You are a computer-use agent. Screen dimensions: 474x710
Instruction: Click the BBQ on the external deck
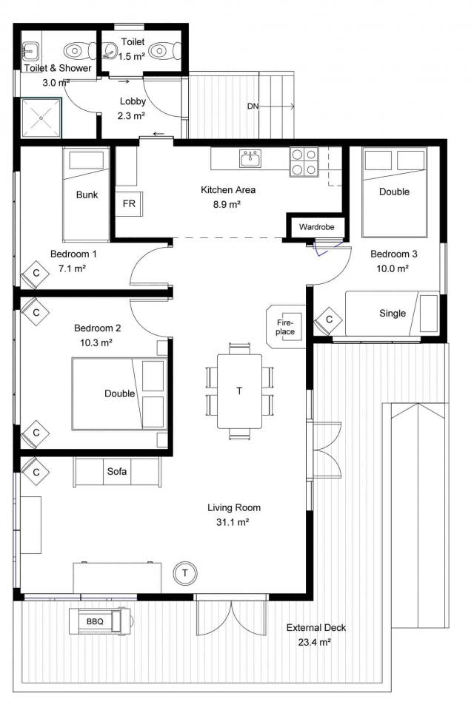(100, 621)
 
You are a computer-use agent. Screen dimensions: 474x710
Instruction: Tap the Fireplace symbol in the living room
(285, 326)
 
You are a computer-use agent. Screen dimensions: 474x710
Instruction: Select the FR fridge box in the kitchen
(129, 204)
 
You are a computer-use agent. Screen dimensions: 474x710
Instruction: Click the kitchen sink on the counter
(250, 158)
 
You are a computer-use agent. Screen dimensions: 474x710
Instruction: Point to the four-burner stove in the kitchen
(304, 162)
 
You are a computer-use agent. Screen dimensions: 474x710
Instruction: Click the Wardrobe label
(316, 227)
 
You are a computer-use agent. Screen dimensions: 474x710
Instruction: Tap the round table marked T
(184, 573)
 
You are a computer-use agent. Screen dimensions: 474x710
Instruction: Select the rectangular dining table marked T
(239, 390)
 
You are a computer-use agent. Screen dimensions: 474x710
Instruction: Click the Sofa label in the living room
(116, 471)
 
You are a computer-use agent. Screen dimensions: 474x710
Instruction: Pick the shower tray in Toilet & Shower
(41, 118)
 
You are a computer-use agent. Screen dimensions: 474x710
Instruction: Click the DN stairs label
(253, 106)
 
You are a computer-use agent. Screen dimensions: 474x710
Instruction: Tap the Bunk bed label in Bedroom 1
(87, 195)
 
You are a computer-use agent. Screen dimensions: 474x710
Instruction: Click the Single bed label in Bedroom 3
(393, 314)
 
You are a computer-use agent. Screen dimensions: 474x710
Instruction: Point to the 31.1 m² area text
(233, 522)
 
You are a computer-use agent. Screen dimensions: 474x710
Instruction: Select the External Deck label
(316, 628)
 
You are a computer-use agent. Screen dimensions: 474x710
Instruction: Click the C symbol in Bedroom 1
(36, 273)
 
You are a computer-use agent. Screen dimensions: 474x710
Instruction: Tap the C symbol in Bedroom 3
(329, 319)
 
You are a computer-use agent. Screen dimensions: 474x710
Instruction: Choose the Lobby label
(133, 101)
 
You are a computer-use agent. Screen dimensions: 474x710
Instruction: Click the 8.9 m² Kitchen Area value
(227, 204)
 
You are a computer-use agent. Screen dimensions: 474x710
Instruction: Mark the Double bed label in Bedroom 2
(120, 393)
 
